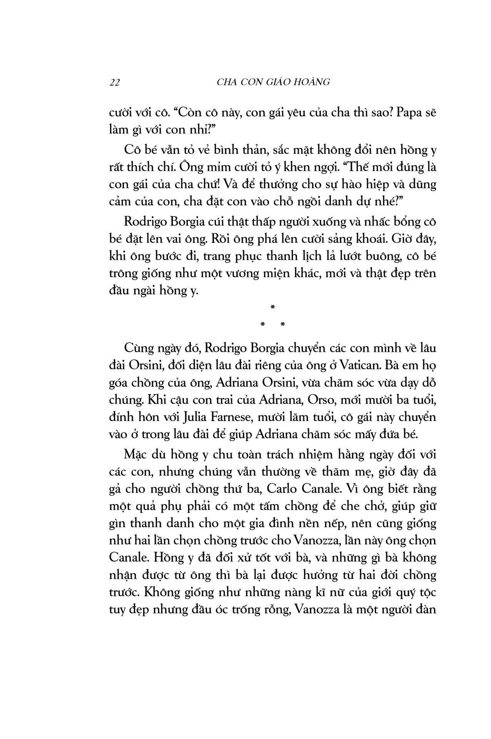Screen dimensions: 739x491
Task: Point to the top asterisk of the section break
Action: pos(272,307)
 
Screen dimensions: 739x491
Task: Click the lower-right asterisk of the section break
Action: pos(283,325)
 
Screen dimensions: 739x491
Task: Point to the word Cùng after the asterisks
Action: pos(138,349)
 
